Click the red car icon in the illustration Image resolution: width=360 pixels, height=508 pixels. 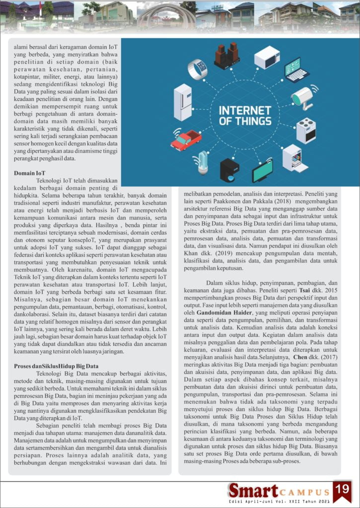point(185,140)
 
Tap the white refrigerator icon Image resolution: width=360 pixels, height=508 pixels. point(183,102)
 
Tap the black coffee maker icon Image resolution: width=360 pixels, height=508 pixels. point(229,170)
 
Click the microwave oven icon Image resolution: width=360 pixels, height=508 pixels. point(267,57)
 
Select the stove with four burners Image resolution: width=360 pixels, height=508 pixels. point(306,130)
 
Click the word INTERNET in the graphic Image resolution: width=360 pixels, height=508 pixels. point(245,110)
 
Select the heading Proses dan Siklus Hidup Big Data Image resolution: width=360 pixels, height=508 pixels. point(56,367)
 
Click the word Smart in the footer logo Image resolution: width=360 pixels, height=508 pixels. point(253,491)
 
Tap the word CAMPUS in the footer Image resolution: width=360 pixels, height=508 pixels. point(305,493)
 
